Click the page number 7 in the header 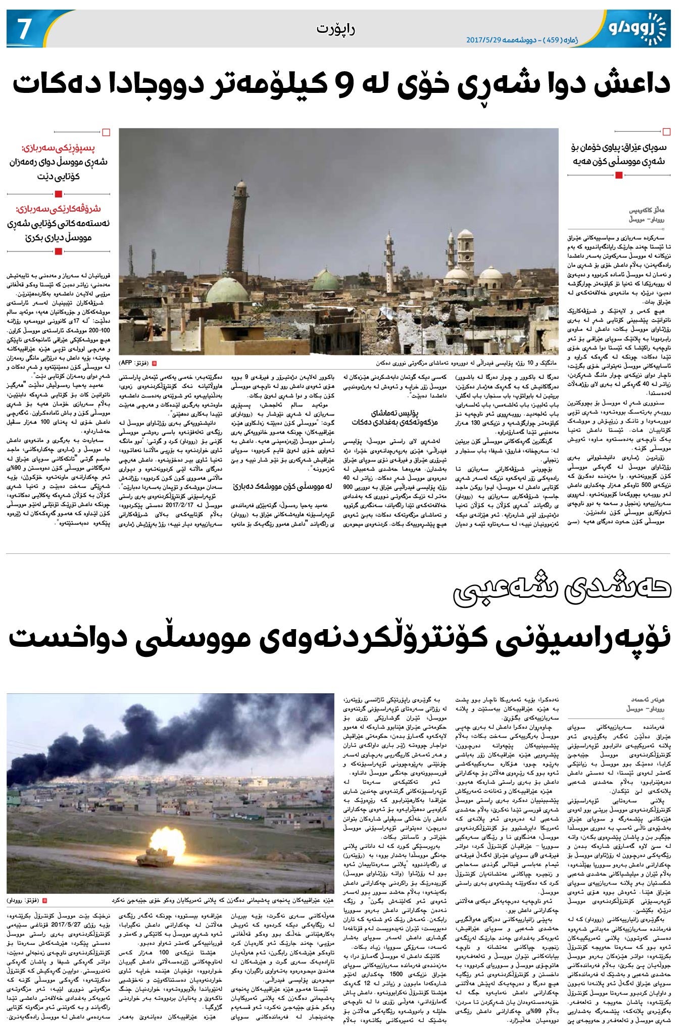22,31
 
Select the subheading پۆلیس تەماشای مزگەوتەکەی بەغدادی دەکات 394,417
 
